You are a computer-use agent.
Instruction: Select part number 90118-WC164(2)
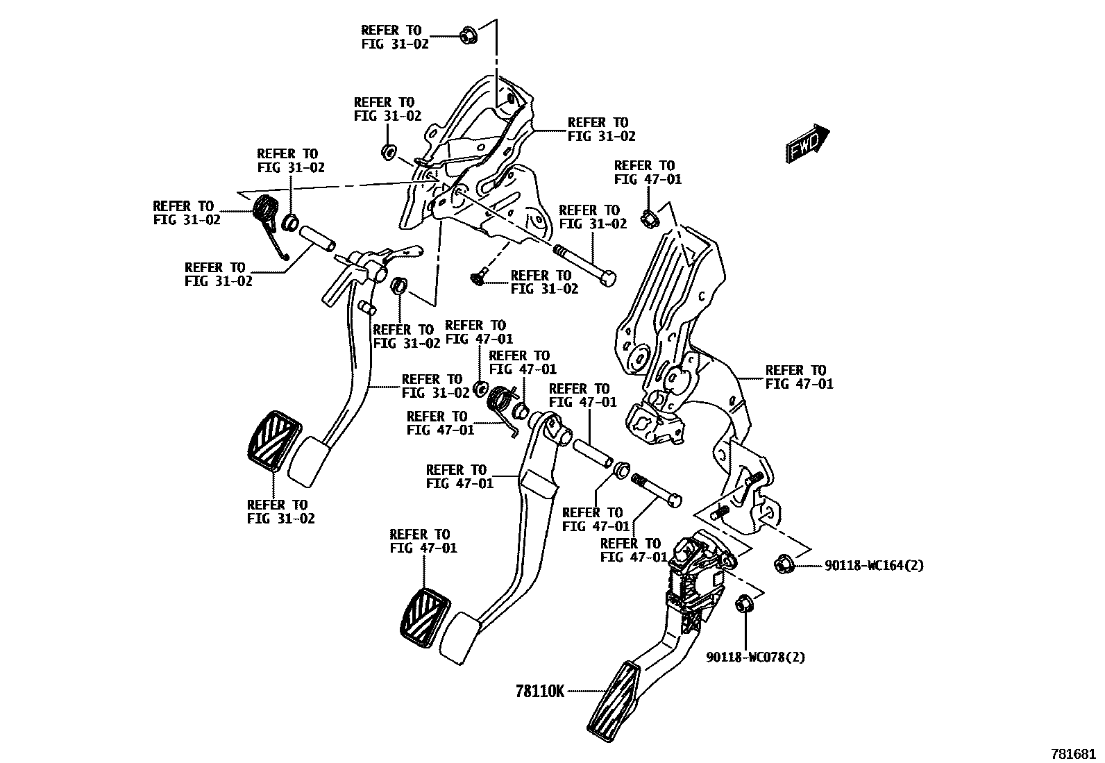(874, 566)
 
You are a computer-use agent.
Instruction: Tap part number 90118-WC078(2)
(756, 657)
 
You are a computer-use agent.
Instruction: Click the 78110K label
(540, 691)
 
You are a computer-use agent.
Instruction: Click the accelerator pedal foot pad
(614, 698)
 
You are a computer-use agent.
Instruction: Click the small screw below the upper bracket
(476, 278)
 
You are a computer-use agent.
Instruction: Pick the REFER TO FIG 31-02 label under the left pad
(280, 512)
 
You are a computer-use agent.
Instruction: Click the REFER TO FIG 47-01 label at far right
(799, 377)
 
